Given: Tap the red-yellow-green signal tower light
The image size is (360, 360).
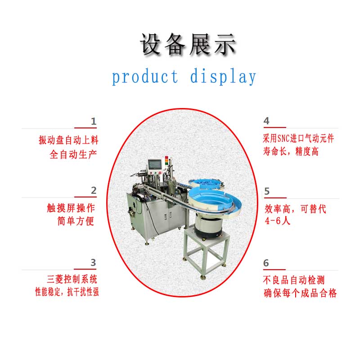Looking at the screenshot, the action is pos(166,161).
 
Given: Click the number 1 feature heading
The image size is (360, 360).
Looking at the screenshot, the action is pos(94,121).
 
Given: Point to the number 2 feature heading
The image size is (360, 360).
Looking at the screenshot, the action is pos(94,190).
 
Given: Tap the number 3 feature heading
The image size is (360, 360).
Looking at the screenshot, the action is pos(93,262).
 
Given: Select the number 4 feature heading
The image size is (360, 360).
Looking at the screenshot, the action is pos(266,121).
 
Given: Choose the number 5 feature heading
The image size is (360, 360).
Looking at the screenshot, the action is pos(267,191).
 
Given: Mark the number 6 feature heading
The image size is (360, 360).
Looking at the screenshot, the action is pos(266,263).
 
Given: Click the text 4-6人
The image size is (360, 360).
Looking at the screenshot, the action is pos(278,221).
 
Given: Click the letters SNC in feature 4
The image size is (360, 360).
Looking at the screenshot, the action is pos(283,139).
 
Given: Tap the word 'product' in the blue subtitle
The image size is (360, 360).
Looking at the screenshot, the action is pos(145,76).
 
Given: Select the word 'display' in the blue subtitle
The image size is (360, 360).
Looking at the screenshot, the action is pos(223,76).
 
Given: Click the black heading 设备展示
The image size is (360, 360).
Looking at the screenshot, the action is pos(188,45).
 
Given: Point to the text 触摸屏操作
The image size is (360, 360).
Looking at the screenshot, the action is pos(71,208).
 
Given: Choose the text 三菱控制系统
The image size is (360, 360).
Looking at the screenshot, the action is pos(72,279).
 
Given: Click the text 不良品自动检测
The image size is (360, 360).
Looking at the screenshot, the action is pos(294,280).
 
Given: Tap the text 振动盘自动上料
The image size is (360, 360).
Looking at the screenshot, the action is pos(68,140).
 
